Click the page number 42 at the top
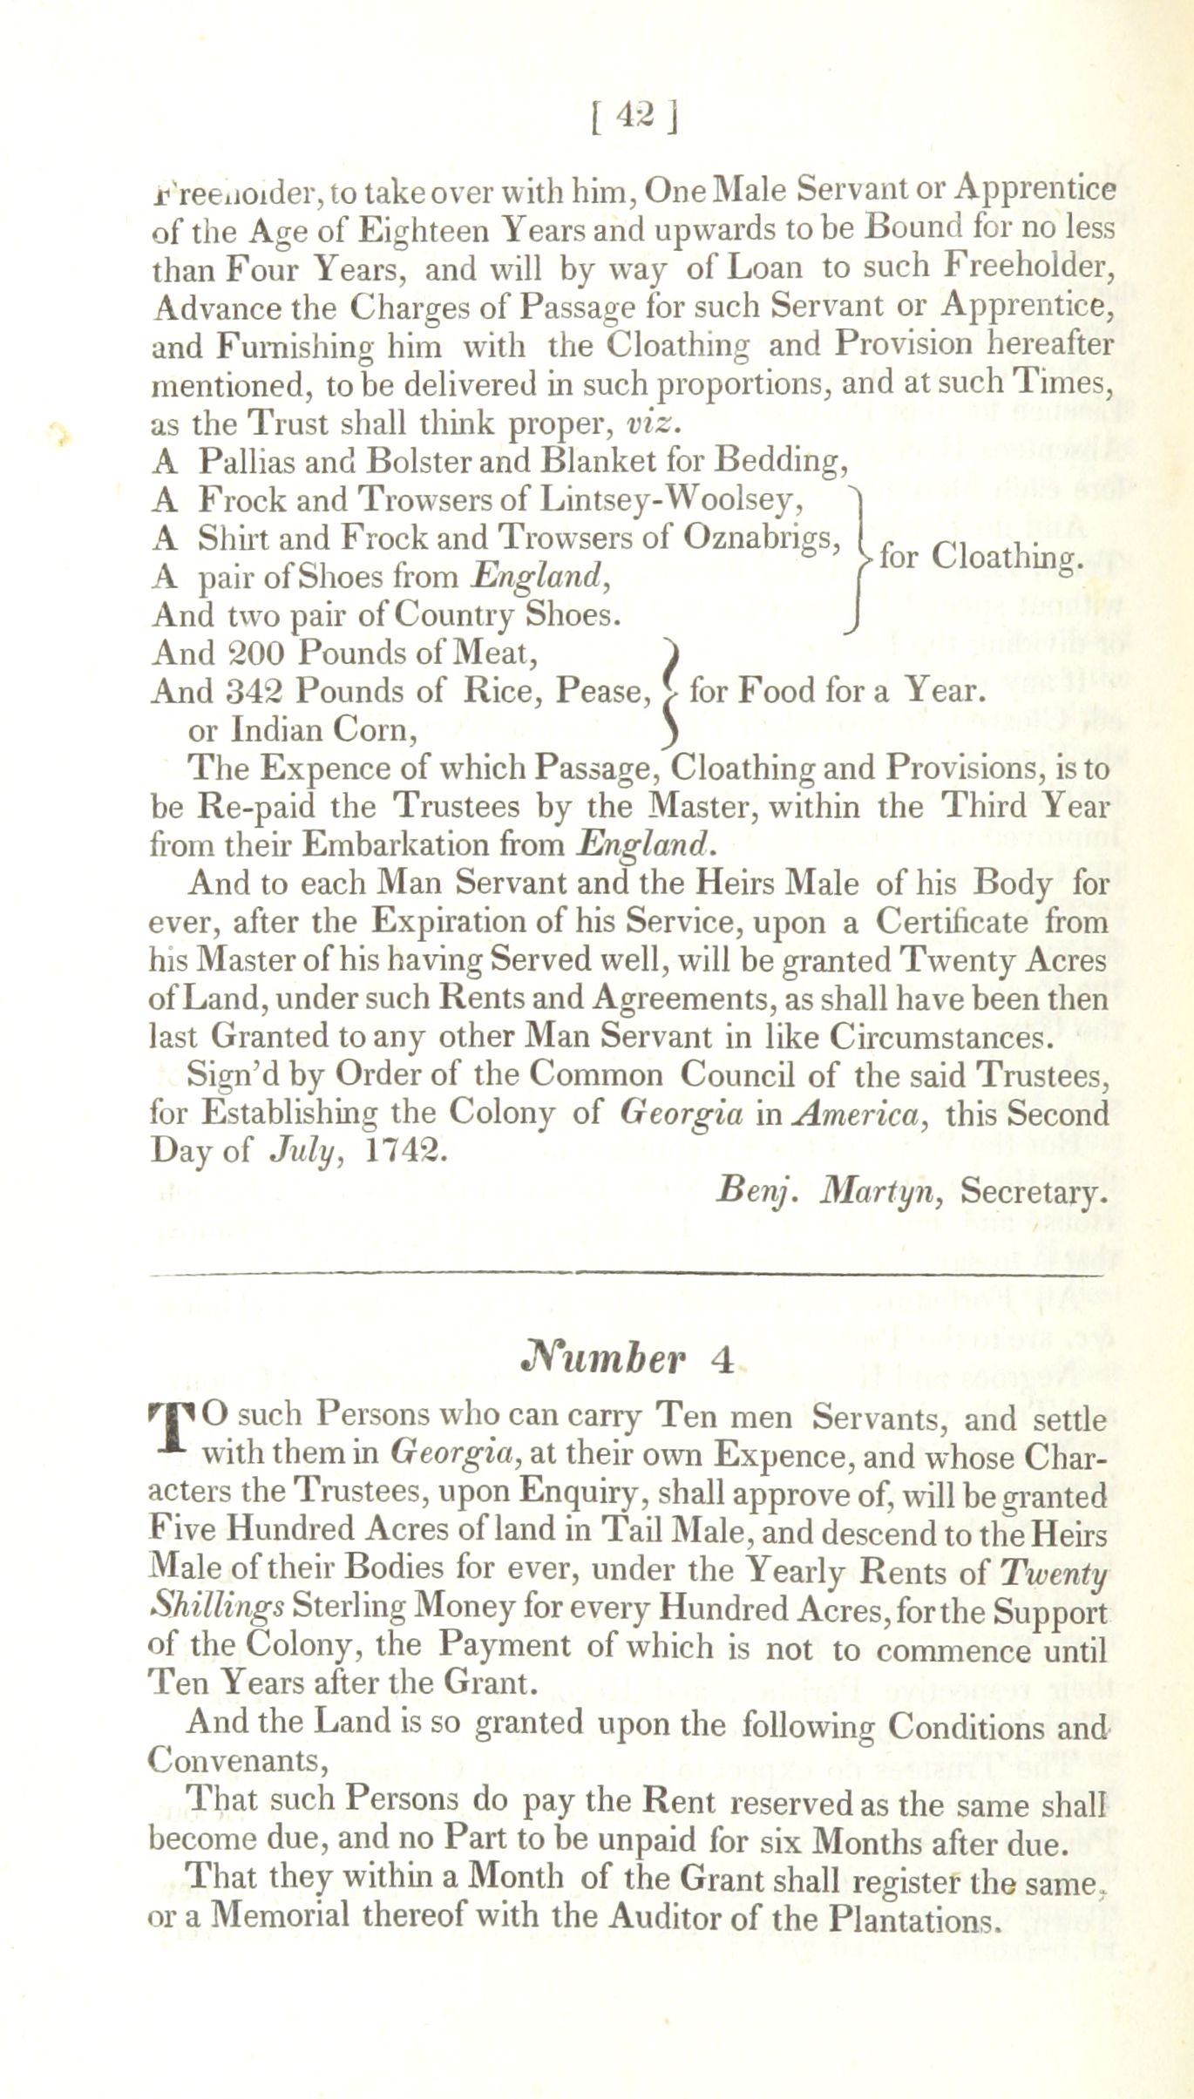point(636,117)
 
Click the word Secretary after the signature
point(1034,1191)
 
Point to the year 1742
point(404,1151)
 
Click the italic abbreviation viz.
point(651,423)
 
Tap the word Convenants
point(235,1760)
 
